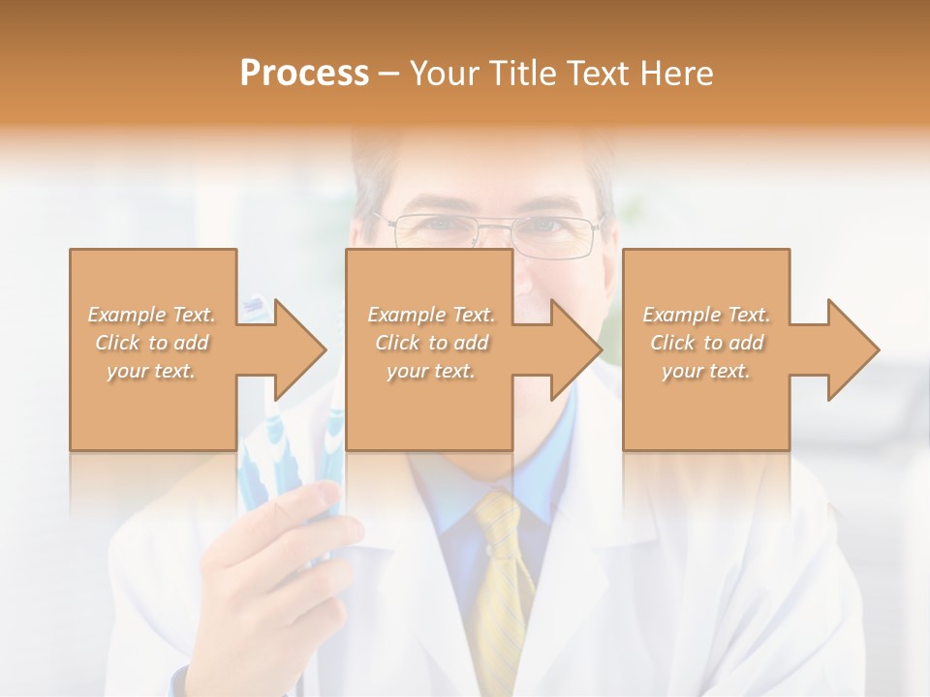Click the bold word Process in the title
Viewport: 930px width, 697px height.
click(304, 74)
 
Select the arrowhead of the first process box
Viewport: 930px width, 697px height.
click(299, 349)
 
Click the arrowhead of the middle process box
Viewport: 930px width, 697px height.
click(575, 349)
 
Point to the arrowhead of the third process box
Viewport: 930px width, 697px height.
click(852, 349)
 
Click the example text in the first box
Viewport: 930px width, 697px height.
click(152, 343)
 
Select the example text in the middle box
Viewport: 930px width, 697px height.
click(431, 343)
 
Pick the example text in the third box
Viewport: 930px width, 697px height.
click(706, 343)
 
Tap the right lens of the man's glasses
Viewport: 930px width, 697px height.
click(554, 233)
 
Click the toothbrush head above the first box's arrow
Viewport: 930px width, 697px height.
click(254, 307)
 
